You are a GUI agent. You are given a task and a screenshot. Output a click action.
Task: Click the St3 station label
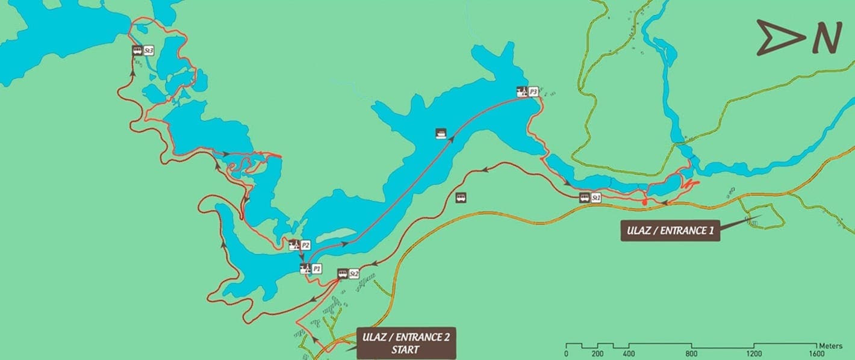point(149,51)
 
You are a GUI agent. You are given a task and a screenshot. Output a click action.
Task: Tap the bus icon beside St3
point(137,51)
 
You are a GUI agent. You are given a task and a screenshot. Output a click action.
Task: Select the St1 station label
point(596,197)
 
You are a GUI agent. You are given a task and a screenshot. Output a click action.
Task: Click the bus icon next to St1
point(584,197)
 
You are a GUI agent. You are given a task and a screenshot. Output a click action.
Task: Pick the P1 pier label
point(317,269)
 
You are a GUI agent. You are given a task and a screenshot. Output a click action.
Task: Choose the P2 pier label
point(305,245)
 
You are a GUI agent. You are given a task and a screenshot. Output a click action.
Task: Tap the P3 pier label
point(533,92)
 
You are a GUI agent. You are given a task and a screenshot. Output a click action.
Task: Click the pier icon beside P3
point(521,92)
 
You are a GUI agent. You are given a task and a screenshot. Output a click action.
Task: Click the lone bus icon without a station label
point(461,196)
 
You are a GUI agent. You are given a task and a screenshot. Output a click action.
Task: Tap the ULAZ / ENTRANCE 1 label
point(670,230)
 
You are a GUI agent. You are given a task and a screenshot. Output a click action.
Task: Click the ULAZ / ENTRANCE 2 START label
point(406,343)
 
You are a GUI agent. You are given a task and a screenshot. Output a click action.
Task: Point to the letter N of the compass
point(825,39)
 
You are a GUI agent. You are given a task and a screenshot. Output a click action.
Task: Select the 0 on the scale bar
point(566,354)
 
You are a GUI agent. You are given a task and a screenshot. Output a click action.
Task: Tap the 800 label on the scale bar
point(691,354)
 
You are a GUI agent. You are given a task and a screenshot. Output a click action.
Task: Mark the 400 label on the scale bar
point(629,354)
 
